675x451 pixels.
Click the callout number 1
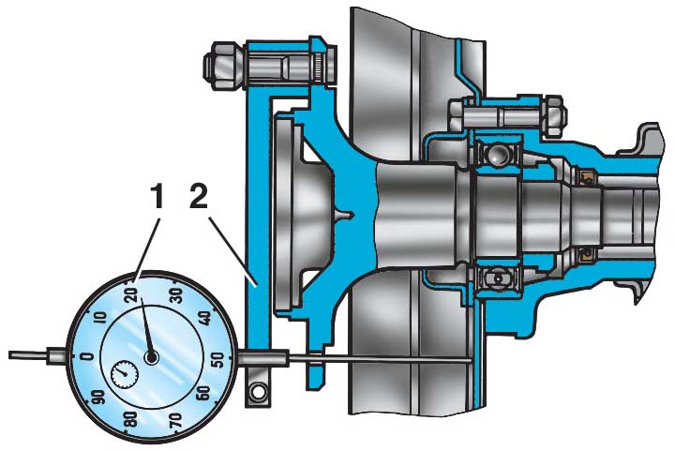[158, 196]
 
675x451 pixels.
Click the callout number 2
[199, 196]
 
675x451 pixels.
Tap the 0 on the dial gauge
[86, 356]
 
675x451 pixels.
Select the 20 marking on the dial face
[132, 294]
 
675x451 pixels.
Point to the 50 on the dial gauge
[218, 359]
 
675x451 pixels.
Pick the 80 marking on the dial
[130, 419]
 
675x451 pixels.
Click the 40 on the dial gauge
[205, 318]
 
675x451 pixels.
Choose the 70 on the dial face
[174, 419]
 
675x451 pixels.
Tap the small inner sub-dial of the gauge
[125, 373]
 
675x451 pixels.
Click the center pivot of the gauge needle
[152, 356]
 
